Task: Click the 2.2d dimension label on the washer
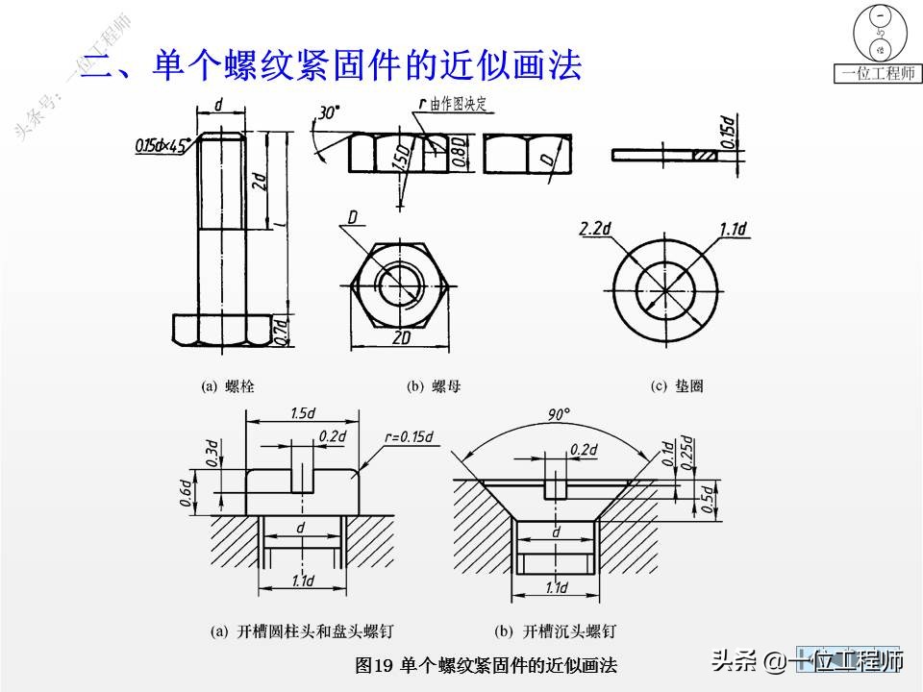click(x=596, y=229)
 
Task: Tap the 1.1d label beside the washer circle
click(x=733, y=229)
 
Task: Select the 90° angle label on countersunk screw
click(x=559, y=414)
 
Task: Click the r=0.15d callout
click(x=409, y=437)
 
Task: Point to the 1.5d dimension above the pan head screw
click(x=303, y=412)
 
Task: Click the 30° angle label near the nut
click(x=329, y=113)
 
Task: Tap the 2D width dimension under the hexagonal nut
click(x=403, y=338)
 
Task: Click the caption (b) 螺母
click(x=434, y=386)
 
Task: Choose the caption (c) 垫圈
click(x=678, y=386)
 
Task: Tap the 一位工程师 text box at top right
click(x=877, y=74)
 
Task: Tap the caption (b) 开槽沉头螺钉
click(x=555, y=631)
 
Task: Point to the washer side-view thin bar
click(x=664, y=155)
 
